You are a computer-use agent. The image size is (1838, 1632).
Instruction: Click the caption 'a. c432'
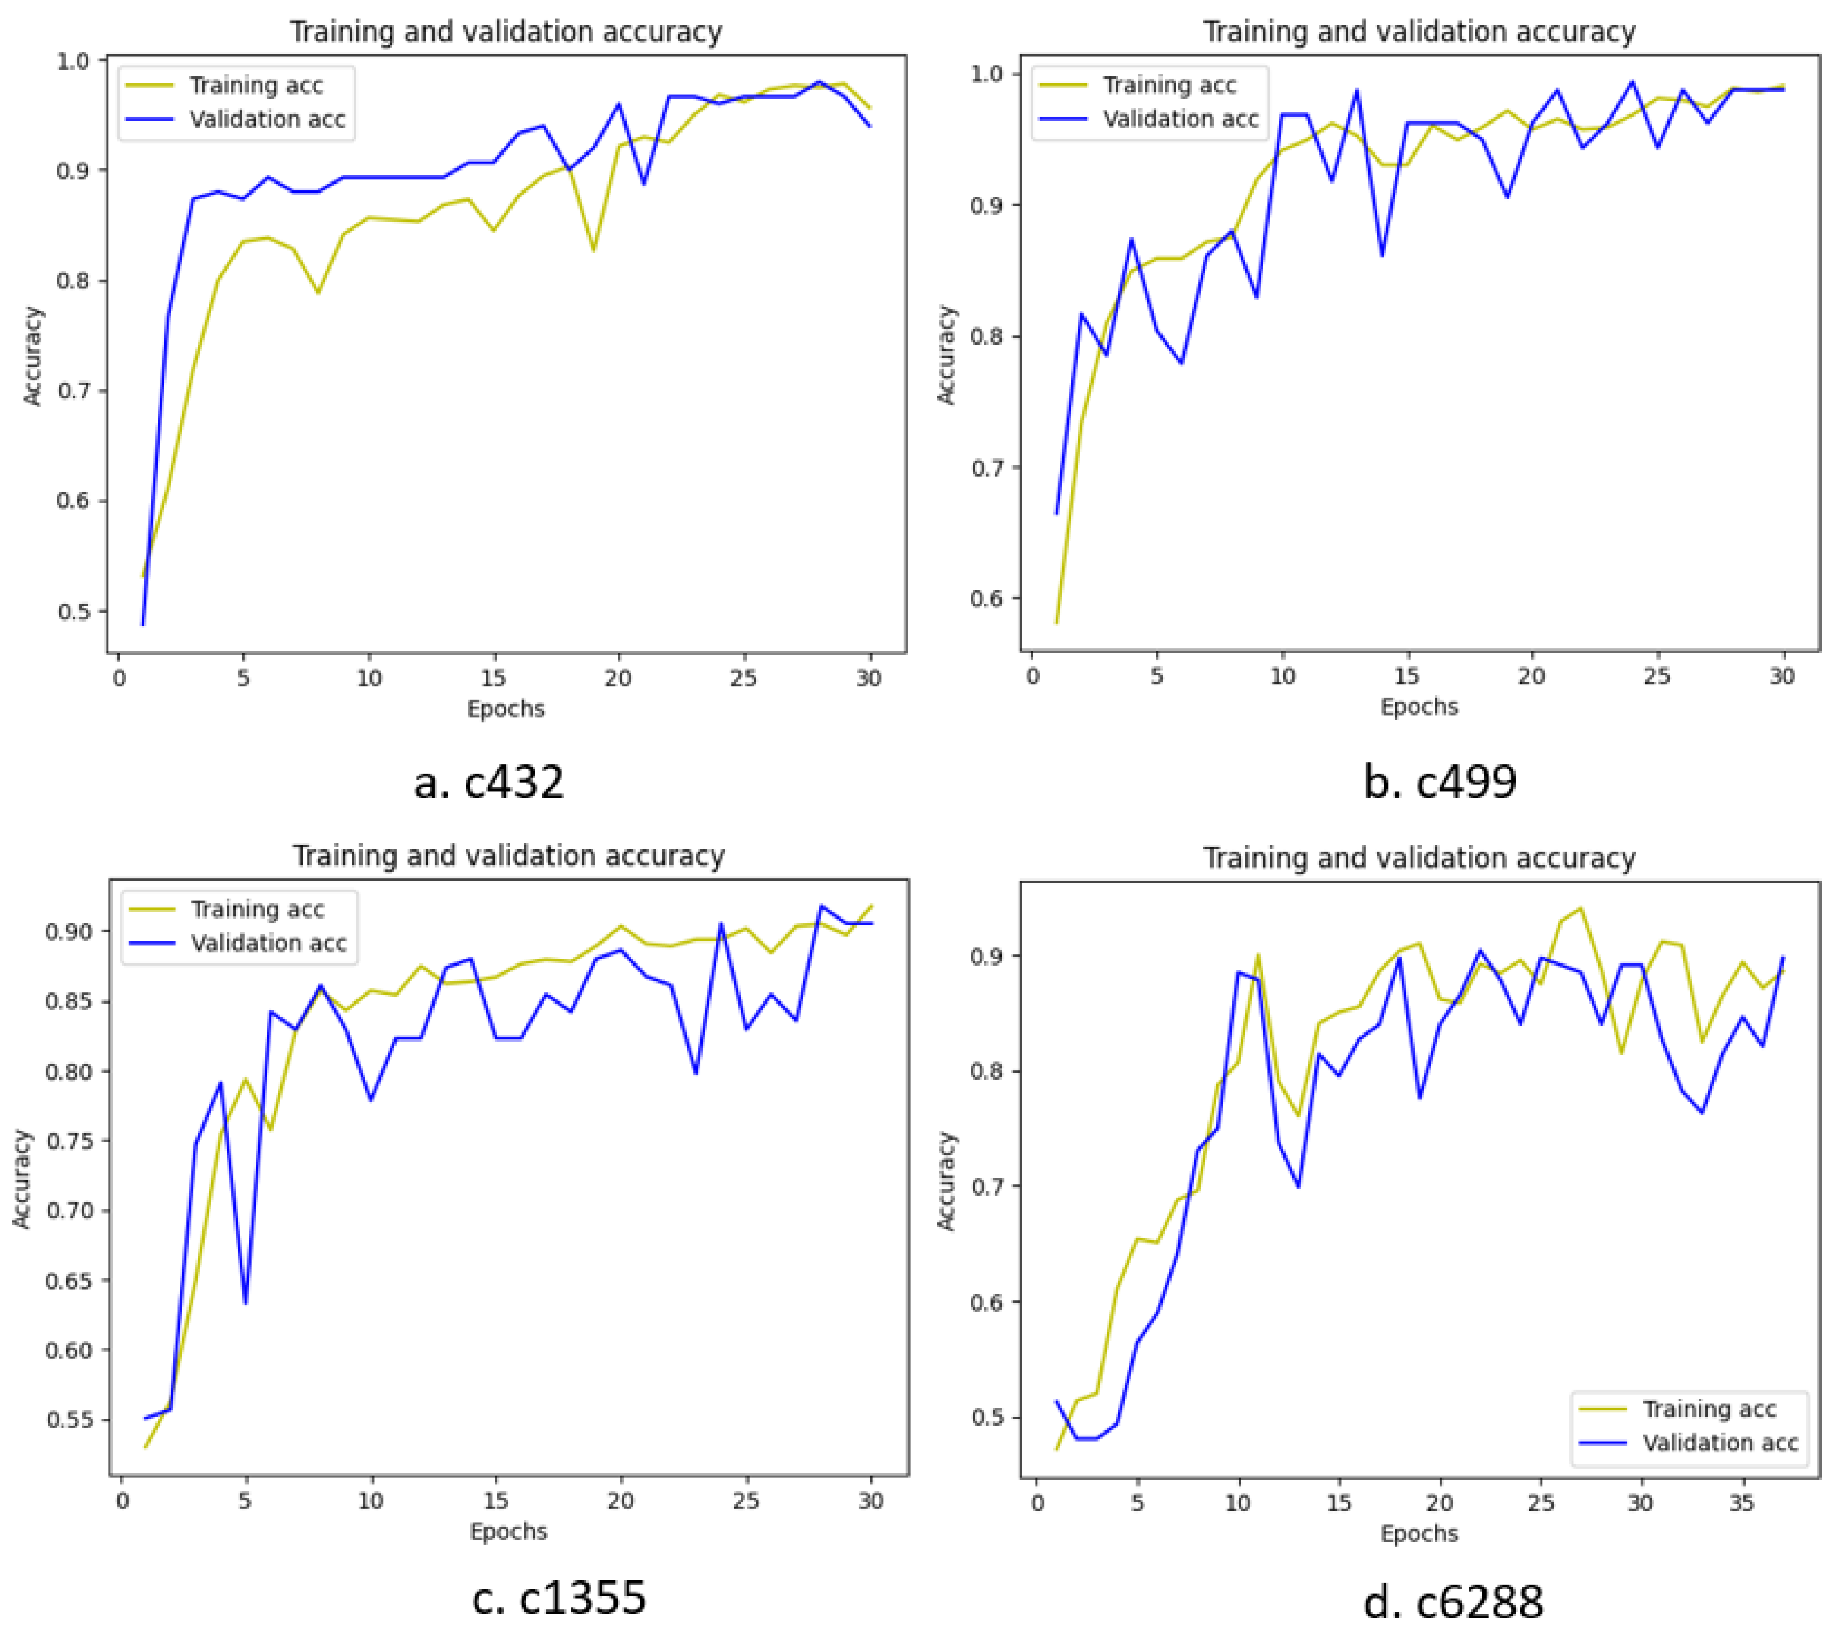[x=488, y=781]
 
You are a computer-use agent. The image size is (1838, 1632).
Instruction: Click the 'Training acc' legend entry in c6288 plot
[x=1708, y=1409]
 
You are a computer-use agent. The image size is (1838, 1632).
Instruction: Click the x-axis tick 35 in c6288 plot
[x=1742, y=1503]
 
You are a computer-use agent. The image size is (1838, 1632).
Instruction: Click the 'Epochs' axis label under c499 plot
[x=1419, y=707]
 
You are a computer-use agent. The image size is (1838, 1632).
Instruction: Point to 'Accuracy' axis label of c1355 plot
[x=22, y=1179]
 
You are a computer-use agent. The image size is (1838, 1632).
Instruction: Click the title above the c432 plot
[x=505, y=32]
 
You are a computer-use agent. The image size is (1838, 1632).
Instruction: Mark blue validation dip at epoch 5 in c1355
[x=245, y=1303]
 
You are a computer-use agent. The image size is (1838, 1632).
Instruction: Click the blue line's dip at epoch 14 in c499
[x=1381, y=256]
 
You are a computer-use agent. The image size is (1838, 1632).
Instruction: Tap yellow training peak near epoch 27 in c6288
[x=1580, y=908]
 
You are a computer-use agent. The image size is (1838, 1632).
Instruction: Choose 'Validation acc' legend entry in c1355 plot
[x=268, y=943]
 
